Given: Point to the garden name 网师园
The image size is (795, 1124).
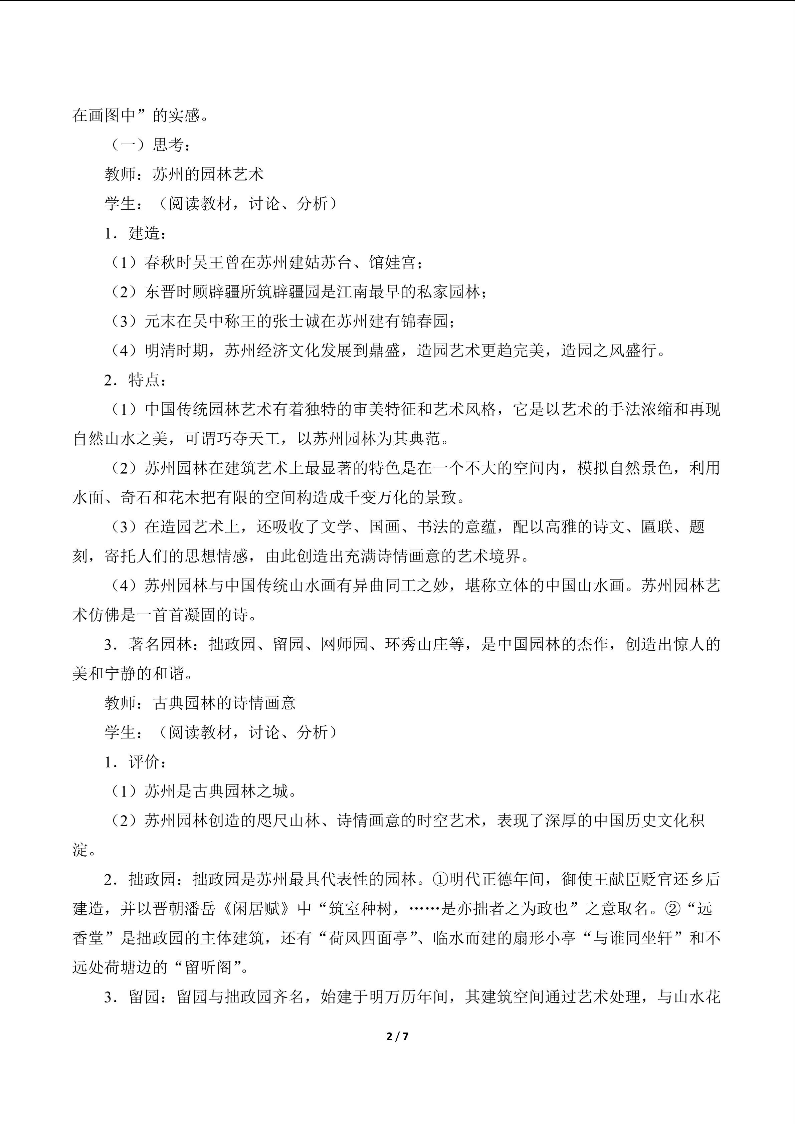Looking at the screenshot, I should (345, 644).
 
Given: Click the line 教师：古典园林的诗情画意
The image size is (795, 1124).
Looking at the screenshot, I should (200, 703).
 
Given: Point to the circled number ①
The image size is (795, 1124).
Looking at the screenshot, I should (441, 879).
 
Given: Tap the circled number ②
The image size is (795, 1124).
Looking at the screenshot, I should (672, 909).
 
